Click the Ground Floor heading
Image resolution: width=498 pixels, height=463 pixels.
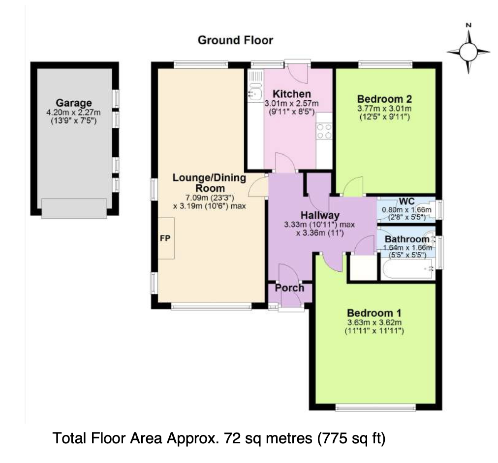click(x=235, y=40)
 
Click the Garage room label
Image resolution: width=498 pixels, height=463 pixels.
click(x=74, y=103)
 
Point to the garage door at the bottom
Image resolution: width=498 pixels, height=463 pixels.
click(x=74, y=208)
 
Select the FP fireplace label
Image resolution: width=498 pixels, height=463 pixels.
click(x=165, y=238)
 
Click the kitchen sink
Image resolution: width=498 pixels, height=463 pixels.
click(x=254, y=93)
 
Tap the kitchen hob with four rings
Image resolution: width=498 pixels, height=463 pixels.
click(x=324, y=131)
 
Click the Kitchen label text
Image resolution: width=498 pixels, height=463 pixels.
click(x=292, y=94)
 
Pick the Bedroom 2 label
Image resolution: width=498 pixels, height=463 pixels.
click(x=385, y=99)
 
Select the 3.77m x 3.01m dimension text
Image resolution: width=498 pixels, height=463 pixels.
click(x=385, y=109)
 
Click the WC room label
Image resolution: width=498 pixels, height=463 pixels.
click(x=407, y=202)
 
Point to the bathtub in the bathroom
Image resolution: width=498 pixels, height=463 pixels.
click(x=407, y=269)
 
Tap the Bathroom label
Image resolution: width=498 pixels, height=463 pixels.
click(x=407, y=239)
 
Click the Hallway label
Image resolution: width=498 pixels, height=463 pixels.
click(x=320, y=216)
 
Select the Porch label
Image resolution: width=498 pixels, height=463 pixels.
click(x=289, y=288)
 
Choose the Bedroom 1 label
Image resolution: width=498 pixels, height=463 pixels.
click(x=374, y=313)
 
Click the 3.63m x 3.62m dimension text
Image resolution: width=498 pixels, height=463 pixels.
click(x=374, y=323)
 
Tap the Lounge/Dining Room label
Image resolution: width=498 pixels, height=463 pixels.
click(x=209, y=183)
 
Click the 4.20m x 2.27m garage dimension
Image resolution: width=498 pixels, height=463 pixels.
click(x=74, y=112)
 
